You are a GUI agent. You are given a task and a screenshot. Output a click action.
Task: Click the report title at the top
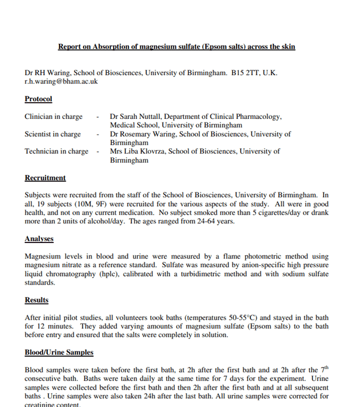point(177,46)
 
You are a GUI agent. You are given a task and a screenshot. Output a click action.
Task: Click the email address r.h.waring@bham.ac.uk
point(61,81)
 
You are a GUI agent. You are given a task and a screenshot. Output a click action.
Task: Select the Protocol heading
point(38,99)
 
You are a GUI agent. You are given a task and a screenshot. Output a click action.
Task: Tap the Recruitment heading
point(45,178)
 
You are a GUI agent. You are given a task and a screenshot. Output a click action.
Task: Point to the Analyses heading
point(39,238)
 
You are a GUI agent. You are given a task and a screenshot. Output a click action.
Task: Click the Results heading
point(36,300)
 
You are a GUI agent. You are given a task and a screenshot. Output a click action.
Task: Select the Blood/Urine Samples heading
point(59,352)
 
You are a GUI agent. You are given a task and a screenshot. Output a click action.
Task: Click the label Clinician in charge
point(54,117)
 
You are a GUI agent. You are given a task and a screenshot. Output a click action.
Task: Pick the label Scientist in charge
point(52,134)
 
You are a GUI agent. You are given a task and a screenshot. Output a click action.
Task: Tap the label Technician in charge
point(57,151)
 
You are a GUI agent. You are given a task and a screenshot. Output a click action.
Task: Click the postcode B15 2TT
point(245,73)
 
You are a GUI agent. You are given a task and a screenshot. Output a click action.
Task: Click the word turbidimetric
point(219,274)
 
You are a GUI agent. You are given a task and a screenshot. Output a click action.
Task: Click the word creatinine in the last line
point(43,404)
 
